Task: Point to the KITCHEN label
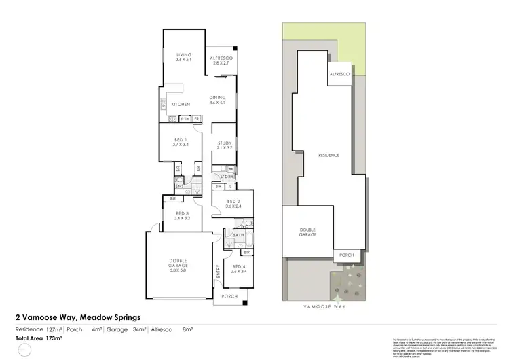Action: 180,104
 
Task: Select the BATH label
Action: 238,236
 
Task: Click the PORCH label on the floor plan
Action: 230,296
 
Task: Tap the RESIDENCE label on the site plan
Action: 328,156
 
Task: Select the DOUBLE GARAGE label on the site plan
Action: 307,233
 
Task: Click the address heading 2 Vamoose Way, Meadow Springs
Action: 78,317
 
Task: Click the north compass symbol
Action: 25,350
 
